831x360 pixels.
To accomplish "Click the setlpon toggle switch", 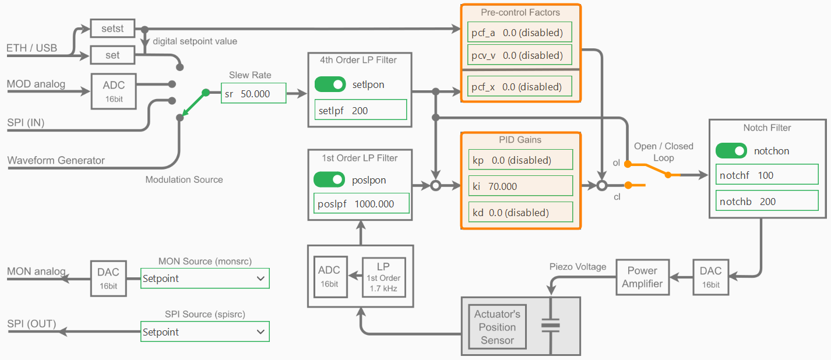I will point(330,84).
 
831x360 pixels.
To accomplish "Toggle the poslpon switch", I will point(329,180).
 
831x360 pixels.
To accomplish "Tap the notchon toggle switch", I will point(731,151).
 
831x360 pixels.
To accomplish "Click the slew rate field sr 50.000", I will point(253,93).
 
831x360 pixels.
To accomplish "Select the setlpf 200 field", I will point(360,110).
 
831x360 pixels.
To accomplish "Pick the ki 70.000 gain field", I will point(520,186).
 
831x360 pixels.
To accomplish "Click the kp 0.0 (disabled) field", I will point(520,160).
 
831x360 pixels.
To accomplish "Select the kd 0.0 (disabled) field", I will point(520,213).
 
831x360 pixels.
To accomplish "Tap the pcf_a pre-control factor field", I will point(519,33).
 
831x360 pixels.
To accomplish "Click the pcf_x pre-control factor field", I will point(519,87).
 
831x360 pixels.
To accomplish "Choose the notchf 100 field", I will point(766,175).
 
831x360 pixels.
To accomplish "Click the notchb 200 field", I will point(766,202).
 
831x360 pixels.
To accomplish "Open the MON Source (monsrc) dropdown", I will point(205,278).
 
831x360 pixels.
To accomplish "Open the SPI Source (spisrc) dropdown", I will point(205,332).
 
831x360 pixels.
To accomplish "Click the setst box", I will point(112,27).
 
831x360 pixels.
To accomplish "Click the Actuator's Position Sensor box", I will point(497,327).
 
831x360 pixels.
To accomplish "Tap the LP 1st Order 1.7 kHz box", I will point(383,277).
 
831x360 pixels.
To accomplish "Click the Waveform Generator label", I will point(56,160).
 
